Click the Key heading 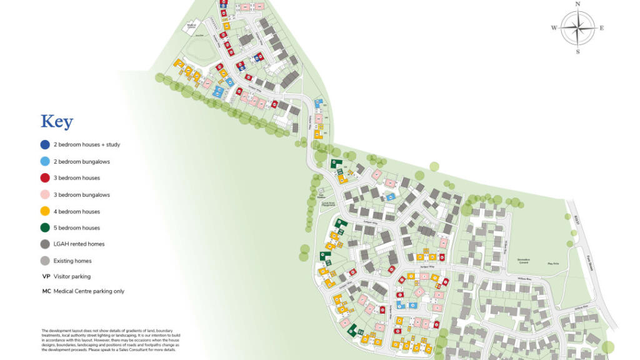tap(57, 122)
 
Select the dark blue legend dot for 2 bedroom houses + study tap(45, 144)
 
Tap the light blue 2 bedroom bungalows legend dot tap(45, 161)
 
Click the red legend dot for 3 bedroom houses tap(45, 178)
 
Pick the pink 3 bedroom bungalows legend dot tap(45, 195)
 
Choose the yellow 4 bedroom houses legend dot tap(45, 211)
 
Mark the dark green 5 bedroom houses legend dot tap(45, 228)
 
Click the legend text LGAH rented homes tap(79, 244)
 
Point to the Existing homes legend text tap(74, 261)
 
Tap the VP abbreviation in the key tap(46, 276)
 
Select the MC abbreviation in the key tap(46, 291)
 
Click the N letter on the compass tap(577, 4)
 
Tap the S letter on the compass tap(577, 52)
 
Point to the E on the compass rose tap(601, 28)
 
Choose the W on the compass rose tap(554, 28)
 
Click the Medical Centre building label tap(191, 26)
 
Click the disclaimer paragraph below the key tap(111, 340)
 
